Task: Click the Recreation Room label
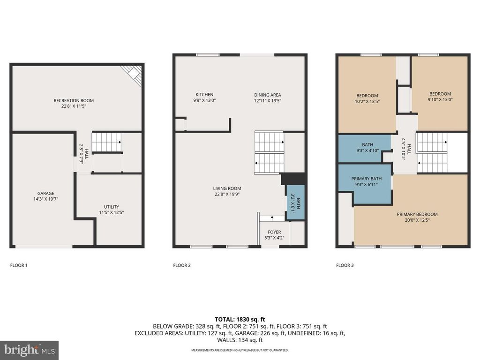point(74,100)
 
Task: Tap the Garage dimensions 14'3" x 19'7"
point(46,199)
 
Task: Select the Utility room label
point(112,207)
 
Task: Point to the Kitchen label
point(204,95)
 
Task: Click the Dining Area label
point(268,95)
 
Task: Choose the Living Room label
point(228,188)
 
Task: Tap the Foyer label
point(274,232)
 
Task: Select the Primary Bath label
point(367,179)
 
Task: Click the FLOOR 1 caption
point(19,265)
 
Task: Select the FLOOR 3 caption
point(345,265)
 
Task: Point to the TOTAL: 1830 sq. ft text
point(240,319)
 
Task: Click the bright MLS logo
point(29,350)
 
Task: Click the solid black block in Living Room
point(293,180)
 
